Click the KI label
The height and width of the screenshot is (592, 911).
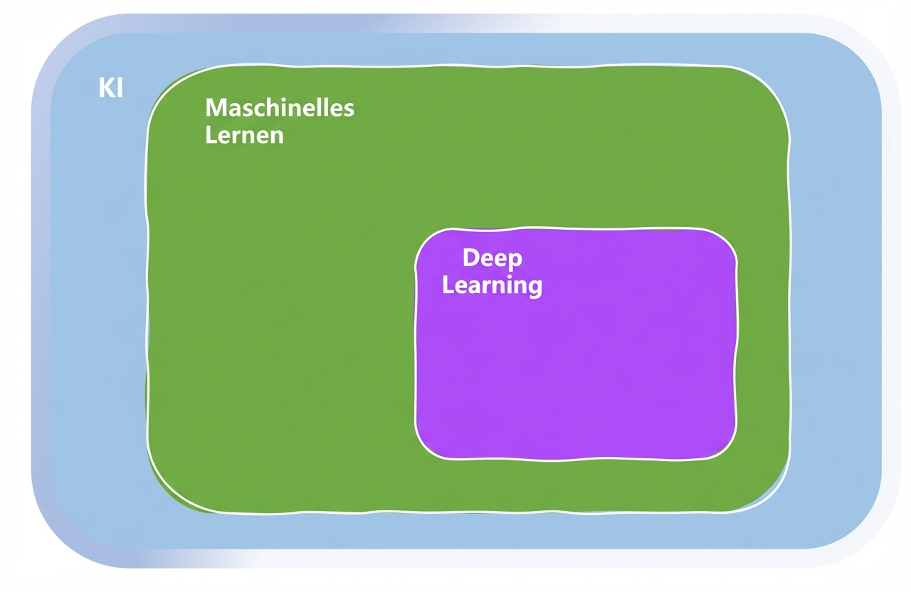click(x=110, y=89)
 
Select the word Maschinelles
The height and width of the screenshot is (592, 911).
click(x=280, y=108)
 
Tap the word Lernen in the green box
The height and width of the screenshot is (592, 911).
click(x=244, y=134)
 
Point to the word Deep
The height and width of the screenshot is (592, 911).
click(x=492, y=258)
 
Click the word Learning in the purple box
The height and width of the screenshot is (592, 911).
click(x=492, y=286)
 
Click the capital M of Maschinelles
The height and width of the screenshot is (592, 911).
click(x=215, y=108)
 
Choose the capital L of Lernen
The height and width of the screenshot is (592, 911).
click(x=210, y=134)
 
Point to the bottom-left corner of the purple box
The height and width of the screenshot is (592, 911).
click(x=425, y=448)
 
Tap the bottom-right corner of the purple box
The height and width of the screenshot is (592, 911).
click(x=727, y=448)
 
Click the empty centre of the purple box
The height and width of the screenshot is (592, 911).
click(x=575, y=370)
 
